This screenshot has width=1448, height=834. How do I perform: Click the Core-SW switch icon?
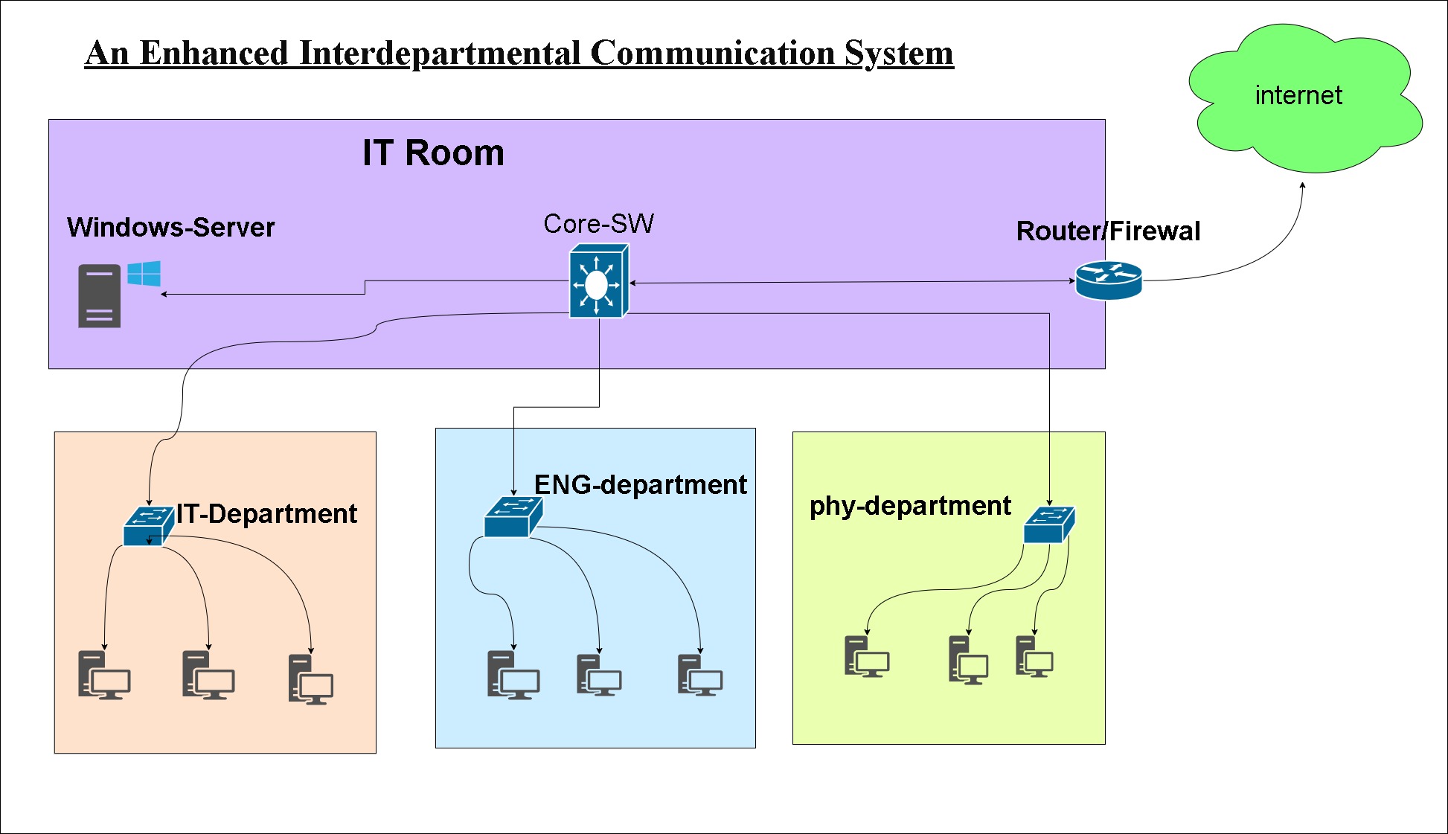coord(598,282)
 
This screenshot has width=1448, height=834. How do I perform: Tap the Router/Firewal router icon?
coord(1108,280)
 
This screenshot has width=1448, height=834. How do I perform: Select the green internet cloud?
coord(1303,97)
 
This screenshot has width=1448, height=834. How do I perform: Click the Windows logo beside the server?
coord(144,273)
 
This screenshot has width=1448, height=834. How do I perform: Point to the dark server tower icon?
coord(99,296)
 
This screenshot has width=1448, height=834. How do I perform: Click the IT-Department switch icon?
coord(148,526)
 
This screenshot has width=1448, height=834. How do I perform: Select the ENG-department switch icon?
coord(513,517)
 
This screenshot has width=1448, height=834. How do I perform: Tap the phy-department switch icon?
coord(1049,525)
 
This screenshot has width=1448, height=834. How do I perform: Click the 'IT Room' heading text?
coord(433,153)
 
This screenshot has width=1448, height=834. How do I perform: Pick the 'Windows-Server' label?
coord(170,228)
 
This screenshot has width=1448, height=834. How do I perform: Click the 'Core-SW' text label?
coord(598,224)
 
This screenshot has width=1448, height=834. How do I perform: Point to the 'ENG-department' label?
coord(640,485)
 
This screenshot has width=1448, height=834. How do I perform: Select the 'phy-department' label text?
coord(909,506)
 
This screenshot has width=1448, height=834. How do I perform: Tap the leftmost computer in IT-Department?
coord(103,676)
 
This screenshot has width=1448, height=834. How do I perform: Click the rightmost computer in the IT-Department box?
coord(310,679)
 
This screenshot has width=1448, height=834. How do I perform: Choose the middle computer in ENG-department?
coord(598,675)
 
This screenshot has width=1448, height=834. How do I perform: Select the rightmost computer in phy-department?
coord(1034,656)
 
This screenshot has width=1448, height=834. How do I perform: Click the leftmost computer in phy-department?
coord(866,656)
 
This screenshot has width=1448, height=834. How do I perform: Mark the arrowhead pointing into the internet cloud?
coord(1302,185)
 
